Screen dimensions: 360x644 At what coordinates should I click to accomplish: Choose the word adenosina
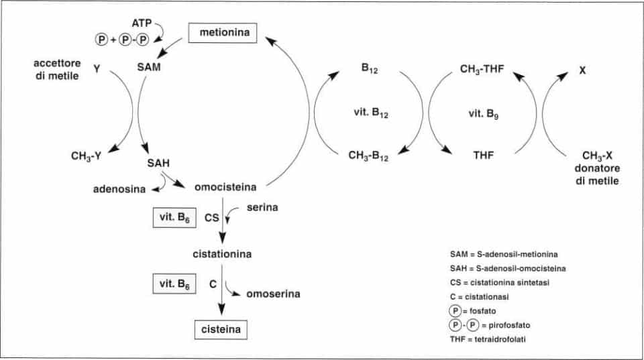[120, 189]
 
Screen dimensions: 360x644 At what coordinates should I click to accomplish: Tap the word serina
[262, 208]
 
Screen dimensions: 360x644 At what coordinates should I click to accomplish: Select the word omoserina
[272, 293]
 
